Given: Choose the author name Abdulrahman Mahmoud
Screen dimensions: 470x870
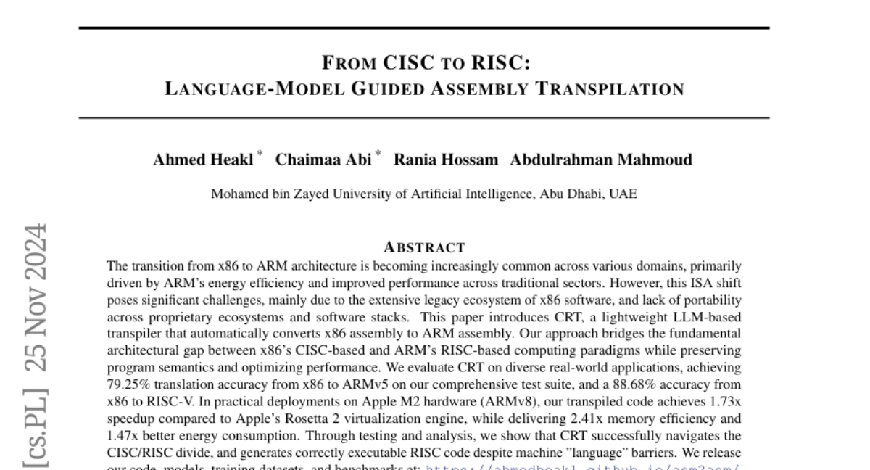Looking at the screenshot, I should click(601, 160).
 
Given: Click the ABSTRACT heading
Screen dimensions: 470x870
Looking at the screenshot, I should click(424, 247).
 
